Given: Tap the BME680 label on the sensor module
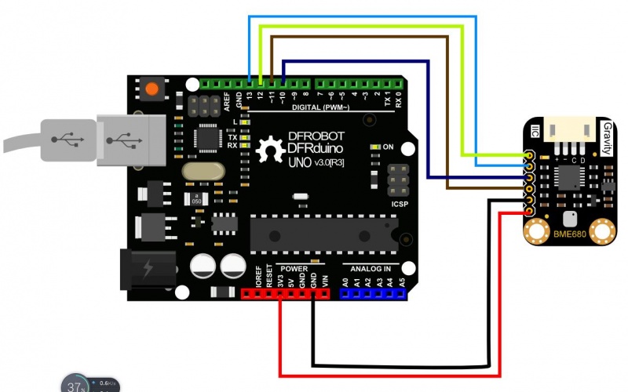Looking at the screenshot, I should coord(569,234).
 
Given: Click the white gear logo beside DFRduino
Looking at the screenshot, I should coord(270,148).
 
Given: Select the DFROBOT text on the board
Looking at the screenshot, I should coord(316,136).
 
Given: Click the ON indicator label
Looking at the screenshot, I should coord(388,147).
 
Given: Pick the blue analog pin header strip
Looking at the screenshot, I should coord(373,294).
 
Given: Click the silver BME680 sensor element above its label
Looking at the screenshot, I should coord(569,217).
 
